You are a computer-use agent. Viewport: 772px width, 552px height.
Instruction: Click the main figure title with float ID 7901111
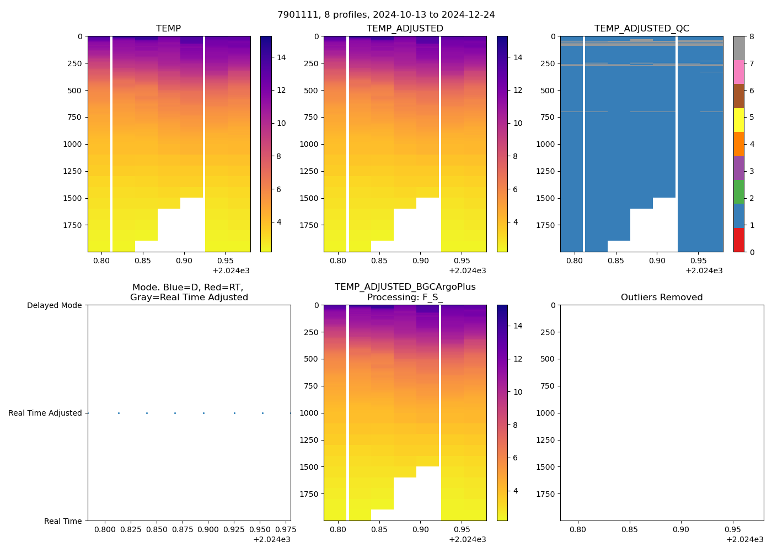click(x=386, y=14)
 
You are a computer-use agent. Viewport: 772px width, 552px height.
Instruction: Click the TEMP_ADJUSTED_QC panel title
click(x=641, y=29)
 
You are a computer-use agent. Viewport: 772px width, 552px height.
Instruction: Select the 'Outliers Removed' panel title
click(x=662, y=298)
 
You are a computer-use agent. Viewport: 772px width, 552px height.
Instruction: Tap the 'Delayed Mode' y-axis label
click(x=54, y=305)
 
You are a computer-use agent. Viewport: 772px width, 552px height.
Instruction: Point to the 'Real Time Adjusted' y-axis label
click(x=45, y=413)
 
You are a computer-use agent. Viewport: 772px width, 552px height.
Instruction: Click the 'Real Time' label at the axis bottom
click(x=63, y=521)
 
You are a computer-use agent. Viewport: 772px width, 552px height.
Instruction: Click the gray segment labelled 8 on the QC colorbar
click(x=738, y=48)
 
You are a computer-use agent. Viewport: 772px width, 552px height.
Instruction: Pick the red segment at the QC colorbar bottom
click(x=738, y=240)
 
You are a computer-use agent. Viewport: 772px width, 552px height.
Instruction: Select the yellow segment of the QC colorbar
click(x=738, y=120)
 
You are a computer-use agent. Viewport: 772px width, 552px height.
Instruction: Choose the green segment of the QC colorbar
click(x=738, y=192)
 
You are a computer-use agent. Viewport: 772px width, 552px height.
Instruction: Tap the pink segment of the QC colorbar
click(x=738, y=72)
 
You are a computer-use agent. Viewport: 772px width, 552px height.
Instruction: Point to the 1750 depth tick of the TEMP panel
click(x=71, y=225)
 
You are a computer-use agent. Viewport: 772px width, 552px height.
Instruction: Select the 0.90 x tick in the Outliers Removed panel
click(x=681, y=530)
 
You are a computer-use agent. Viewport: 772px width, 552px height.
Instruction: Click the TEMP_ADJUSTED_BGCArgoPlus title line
click(x=405, y=287)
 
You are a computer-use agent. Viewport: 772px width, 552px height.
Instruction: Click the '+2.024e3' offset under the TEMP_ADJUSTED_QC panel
click(x=704, y=270)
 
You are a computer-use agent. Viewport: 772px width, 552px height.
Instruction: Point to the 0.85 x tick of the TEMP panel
click(x=142, y=261)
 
